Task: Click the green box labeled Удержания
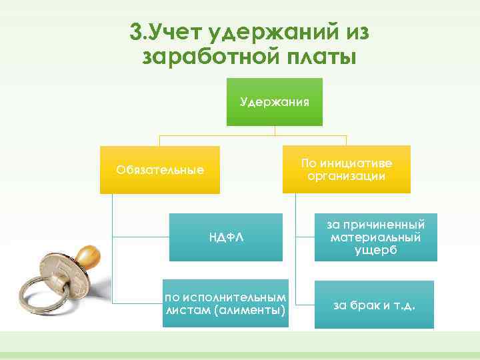pyautogui.click(x=275, y=102)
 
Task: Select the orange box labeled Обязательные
pyautogui.click(x=160, y=169)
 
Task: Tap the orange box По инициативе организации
pyautogui.click(x=346, y=169)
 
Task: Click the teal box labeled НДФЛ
pyautogui.click(x=225, y=237)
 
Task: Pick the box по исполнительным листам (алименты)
pyautogui.click(x=225, y=303)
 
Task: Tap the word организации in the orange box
pyautogui.click(x=346, y=176)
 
